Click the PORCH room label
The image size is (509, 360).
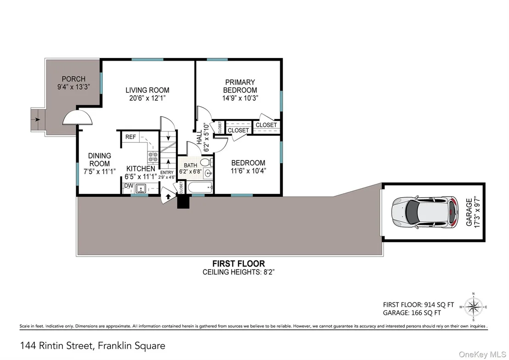point(74,79)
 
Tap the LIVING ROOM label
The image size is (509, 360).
point(147,90)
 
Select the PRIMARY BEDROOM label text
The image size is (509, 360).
point(240,86)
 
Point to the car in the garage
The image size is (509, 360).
point(425,212)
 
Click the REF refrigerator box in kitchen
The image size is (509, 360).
point(130,137)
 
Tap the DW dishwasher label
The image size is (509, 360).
point(129,186)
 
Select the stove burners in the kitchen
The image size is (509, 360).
point(153,157)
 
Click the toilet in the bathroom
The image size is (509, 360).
point(206,162)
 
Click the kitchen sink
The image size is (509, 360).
point(141,188)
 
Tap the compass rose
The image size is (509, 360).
point(473,307)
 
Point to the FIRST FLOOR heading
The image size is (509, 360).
point(238,263)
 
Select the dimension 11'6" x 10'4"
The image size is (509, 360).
point(249,171)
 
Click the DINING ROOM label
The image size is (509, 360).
point(100,160)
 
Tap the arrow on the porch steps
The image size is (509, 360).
point(37,120)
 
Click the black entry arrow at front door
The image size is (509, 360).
point(168,196)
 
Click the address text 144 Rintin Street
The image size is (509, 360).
point(57,345)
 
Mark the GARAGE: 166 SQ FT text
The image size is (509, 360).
point(412,313)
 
